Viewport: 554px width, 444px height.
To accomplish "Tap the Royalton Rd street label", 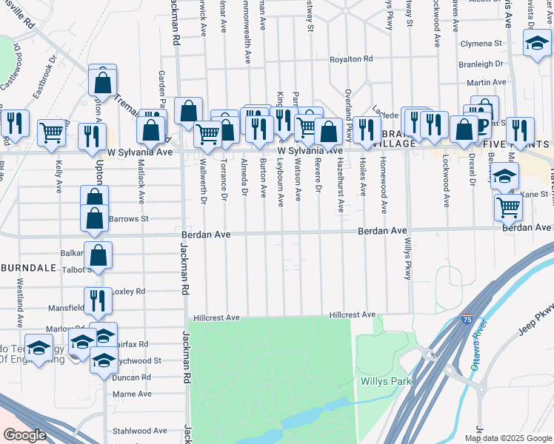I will tap(350, 58).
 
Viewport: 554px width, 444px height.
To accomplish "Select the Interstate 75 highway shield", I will tap(466, 318).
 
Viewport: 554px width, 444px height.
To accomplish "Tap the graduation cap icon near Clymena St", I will tap(533, 43).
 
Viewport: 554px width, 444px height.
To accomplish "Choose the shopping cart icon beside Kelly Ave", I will tap(52, 133).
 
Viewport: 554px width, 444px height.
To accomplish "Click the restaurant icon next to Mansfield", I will tap(98, 300).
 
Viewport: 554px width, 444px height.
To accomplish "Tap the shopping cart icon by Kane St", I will tap(508, 206).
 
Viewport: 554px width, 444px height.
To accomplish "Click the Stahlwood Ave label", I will tap(139, 431).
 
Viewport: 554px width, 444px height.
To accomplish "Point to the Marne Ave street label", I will tap(133, 394).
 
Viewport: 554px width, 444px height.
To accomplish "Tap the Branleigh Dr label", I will tap(481, 64).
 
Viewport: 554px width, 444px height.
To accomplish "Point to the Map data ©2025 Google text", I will tap(507, 438).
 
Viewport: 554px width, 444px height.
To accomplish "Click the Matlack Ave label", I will tap(140, 181).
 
